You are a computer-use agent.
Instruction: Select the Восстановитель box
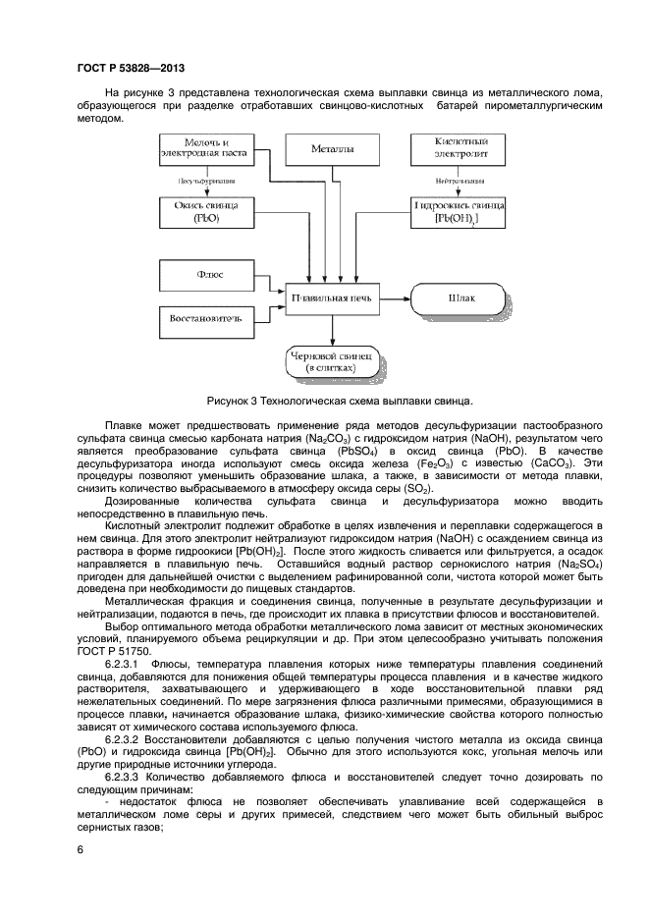coord(206,319)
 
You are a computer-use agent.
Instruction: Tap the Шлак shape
coord(460,296)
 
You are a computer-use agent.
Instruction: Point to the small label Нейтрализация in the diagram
coord(460,182)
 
